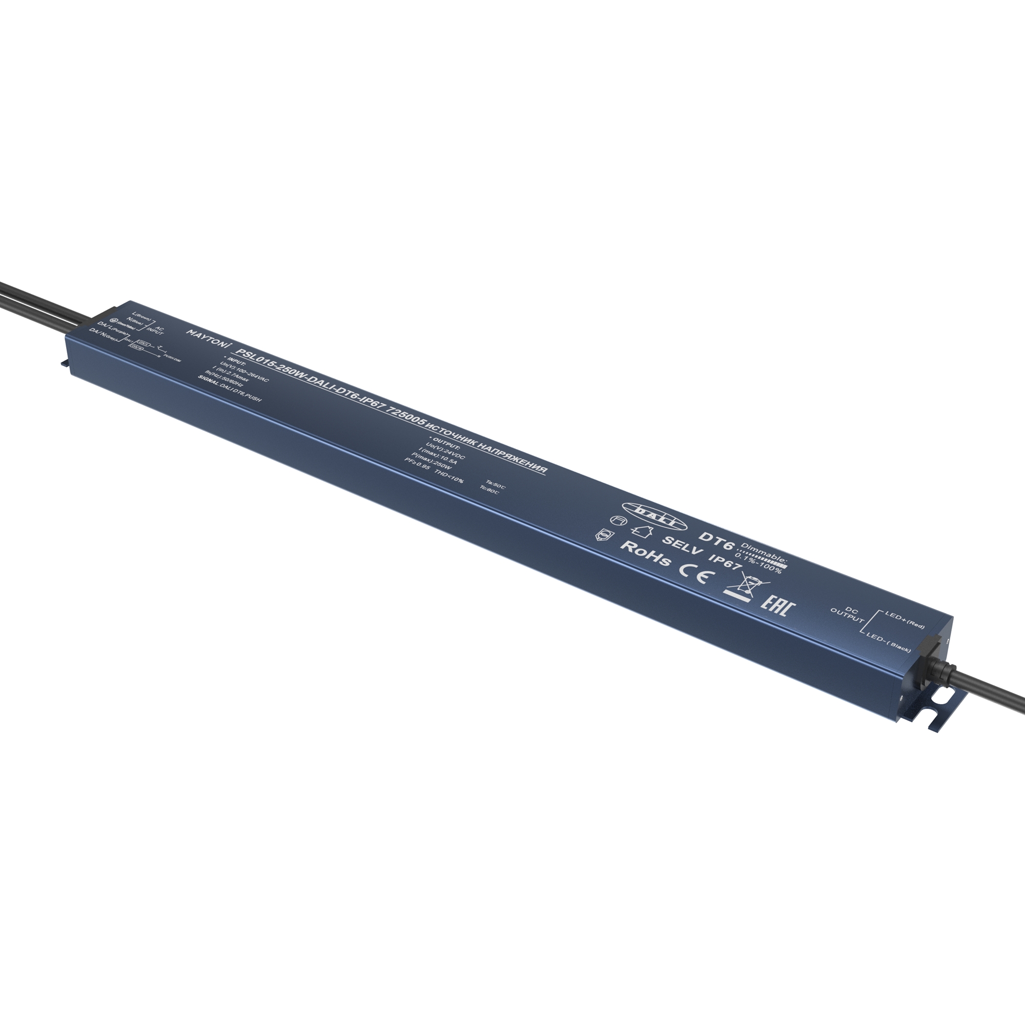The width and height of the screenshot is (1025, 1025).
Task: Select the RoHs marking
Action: click(645, 553)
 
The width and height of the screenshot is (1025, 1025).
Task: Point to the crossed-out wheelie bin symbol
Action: click(742, 589)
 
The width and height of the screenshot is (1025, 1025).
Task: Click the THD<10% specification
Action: click(449, 477)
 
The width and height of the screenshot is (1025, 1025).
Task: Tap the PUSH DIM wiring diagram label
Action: click(174, 360)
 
